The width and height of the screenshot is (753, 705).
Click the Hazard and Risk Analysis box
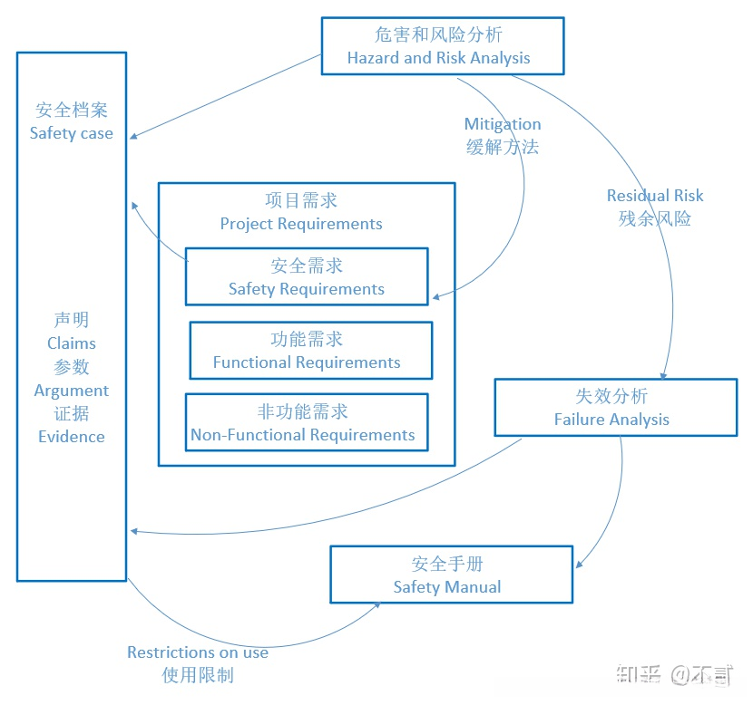(442, 46)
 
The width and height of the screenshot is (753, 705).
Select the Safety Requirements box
(306, 277)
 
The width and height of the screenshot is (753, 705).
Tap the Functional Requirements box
(310, 351)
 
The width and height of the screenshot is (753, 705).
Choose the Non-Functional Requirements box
(306, 423)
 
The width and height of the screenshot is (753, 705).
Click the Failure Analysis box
(615, 408)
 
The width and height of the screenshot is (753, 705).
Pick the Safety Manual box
(451, 575)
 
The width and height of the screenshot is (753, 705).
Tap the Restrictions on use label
(198, 652)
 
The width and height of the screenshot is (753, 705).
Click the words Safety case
(72, 133)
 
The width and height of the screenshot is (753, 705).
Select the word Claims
(72, 343)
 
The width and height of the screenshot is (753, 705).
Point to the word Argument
(72, 391)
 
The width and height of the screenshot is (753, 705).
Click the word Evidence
(72, 437)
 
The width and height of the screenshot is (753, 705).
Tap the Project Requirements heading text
(301, 224)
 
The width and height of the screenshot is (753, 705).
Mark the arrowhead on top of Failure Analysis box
(665, 374)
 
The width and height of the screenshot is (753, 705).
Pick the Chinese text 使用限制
(198, 675)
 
